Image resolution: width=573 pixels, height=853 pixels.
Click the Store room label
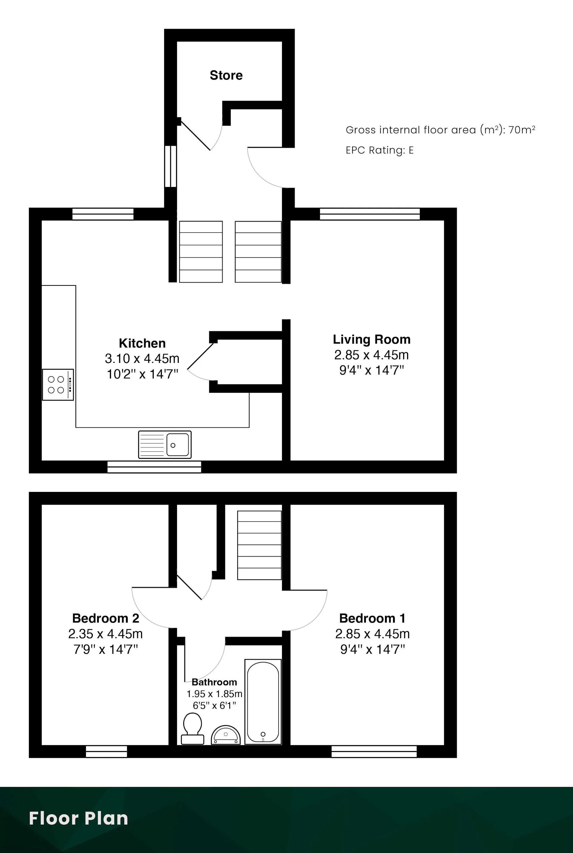[x=226, y=75]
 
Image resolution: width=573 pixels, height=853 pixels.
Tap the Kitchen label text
[x=142, y=343]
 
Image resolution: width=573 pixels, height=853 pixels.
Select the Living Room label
[x=372, y=340]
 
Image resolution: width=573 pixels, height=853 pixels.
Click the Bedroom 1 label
[x=372, y=618]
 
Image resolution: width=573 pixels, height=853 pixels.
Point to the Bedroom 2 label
[x=106, y=618]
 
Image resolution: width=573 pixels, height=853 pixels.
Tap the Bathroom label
[x=214, y=682]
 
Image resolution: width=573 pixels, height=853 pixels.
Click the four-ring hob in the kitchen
[x=58, y=385]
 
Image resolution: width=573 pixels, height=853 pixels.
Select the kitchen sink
[x=165, y=445]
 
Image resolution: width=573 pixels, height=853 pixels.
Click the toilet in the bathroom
[x=192, y=728]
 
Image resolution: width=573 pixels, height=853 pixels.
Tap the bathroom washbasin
[x=226, y=735]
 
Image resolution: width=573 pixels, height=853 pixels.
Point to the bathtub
[x=263, y=702]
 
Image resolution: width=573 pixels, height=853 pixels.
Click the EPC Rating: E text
[x=380, y=150]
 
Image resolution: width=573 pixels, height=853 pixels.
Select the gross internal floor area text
[x=440, y=130]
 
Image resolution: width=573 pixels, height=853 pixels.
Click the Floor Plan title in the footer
[x=78, y=818]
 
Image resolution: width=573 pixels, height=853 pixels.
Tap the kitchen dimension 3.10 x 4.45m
[x=142, y=359]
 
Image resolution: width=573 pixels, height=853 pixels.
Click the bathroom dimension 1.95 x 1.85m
[x=215, y=694]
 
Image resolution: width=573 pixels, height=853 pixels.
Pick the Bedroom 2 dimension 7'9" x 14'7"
[x=106, y=649]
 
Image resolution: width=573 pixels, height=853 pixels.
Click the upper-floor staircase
[x=259, y=545]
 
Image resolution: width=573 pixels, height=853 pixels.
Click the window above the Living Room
[x=370, y=214]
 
